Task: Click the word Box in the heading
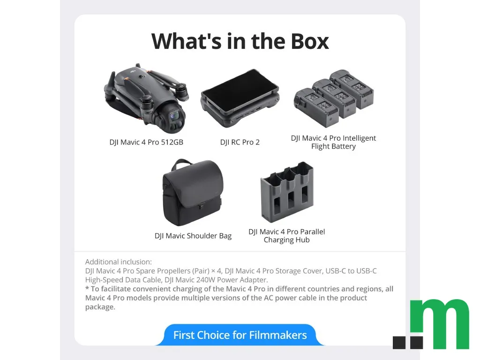click(x=309, y=41)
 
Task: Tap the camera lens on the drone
click(x=174, y=116)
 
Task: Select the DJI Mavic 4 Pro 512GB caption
click(x=146, y=142)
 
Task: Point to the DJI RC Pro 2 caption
click(x=240, y=142)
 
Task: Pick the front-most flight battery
click(x=316, y=107)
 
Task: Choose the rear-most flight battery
click(x=352, y=89)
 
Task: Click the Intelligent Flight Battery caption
click(x=333, y=142)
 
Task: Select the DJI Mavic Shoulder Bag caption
click(x=193, y=236)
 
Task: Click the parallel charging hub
click(x=287, y=192)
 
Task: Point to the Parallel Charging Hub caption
click(x=286, y=236)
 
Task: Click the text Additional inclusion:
click(x=119, y=262)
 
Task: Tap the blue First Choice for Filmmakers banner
click(x=240, y=335)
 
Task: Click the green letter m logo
click(x=440, y=324)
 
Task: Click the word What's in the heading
click(x=187, y=41)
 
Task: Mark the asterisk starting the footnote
click(x=87, y=288)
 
